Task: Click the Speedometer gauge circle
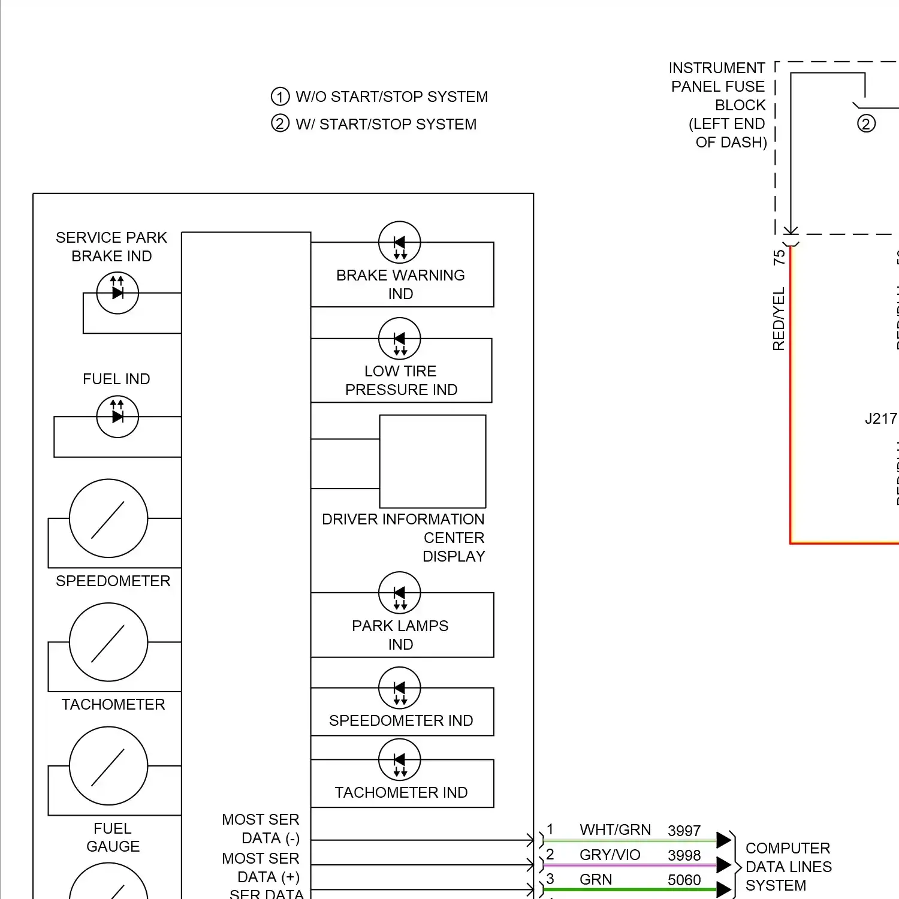tap(108, 518)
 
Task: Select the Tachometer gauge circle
tap(108, 642)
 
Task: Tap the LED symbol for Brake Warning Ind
tap(400, 243)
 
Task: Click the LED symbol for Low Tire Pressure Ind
tap(400, 339)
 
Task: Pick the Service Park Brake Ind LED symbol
tap(117, 293)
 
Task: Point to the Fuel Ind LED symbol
tap(117, 417)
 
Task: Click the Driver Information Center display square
tap(433, 461)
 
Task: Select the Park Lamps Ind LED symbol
tap(400, 593)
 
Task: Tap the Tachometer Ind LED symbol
tap(400, 760)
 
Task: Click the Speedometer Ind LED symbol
tap(400, 688)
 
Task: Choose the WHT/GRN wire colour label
tap(615, 830)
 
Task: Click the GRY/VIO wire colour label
tap(610, 855)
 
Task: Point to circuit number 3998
tap(684, 856)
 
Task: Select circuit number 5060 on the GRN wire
tap(684, 880)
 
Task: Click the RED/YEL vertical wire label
tap(779, 319)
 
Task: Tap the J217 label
tap(880, 419)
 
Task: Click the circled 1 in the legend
tap(280, 96)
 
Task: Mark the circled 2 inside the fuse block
tap(866, 124)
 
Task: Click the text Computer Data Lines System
tap(788, 867)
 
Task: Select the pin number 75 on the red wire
tap(779, 258)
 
